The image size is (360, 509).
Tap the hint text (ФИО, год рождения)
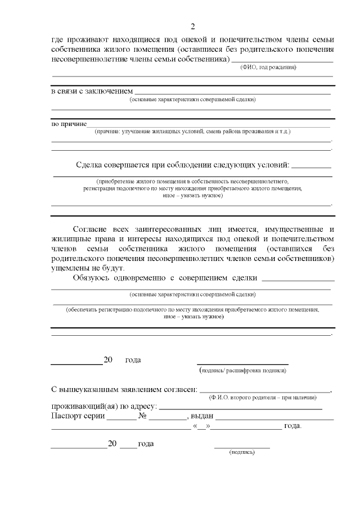coord(268,67)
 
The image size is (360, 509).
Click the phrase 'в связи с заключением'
coord(92,91)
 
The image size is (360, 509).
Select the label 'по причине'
coord(69,123)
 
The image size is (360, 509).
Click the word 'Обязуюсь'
coord(93,278)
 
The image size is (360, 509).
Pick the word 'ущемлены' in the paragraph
coord(69,268)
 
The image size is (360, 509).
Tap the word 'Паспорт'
coord(67,416)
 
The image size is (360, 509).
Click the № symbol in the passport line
coord(143,416)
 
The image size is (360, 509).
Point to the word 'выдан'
coord(201,416)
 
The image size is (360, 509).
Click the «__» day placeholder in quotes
coord(201,426)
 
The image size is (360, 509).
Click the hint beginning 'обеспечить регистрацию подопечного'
coord(192,309)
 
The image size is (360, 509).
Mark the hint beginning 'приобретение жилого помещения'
coord(192,182)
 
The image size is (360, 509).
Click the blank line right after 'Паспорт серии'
coord(121,418)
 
